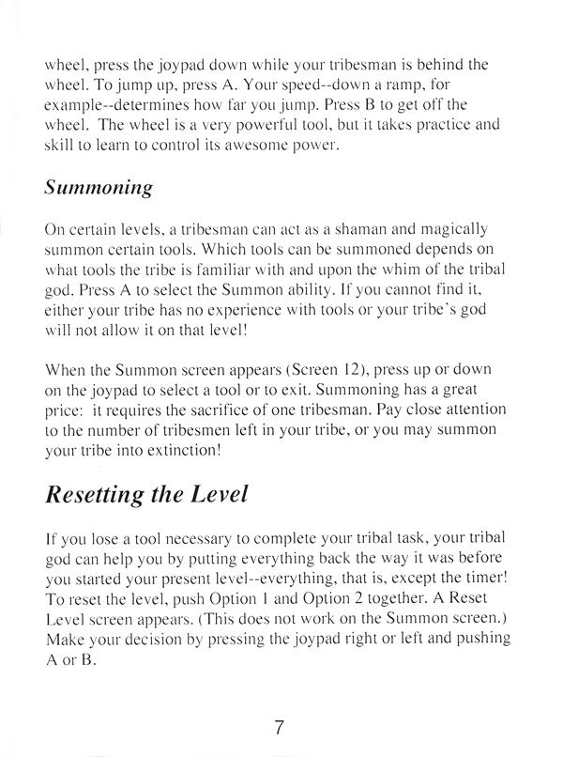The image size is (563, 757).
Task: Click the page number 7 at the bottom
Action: coord(280,727)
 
